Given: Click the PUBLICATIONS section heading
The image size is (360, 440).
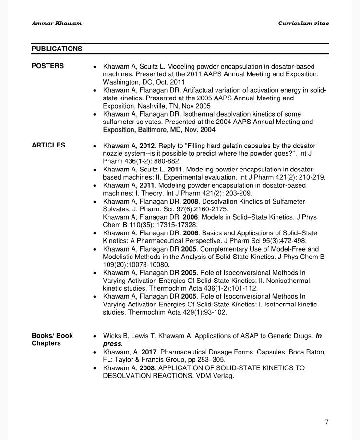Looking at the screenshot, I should click(57, 49).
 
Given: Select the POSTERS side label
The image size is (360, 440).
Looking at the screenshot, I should click(48, 66).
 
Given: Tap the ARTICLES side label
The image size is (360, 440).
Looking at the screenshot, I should click(48, 145).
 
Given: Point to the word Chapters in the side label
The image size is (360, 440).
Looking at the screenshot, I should click(46, 343).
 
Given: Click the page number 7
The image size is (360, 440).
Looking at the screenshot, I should click(326, 422).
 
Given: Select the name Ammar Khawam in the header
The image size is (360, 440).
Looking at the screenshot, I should click(57, 23).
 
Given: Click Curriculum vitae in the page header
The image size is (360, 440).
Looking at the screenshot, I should click(303, 23).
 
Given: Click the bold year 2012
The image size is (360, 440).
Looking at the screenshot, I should click(147, 146).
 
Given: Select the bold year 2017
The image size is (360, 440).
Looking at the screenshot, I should click(149, 352).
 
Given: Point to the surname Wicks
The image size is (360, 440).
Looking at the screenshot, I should click(112, 336).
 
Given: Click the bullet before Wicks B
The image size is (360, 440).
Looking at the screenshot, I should click(95, 336).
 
